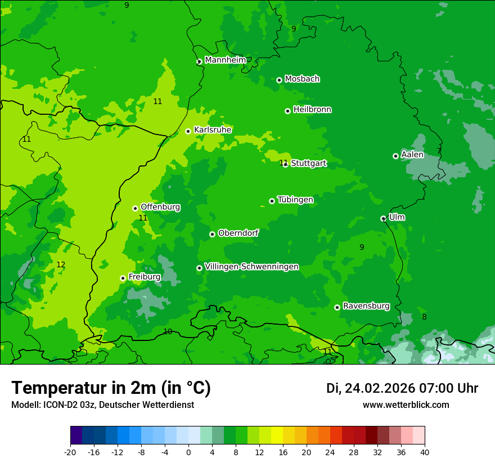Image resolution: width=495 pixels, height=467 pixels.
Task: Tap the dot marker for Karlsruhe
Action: click(x=188, y=132)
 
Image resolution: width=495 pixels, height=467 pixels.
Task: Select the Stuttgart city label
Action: click(x=308, y=164)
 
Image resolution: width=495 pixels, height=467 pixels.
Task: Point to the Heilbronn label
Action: click(x=312, y=110)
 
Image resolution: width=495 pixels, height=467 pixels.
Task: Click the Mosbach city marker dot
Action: click(x=279, y=80)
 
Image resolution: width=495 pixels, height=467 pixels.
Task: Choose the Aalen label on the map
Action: click(x=412, y=155)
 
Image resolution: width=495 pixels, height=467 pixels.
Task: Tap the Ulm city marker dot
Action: click(x=383, y=218)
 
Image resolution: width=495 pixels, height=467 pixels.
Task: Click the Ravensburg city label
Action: click(x=366, y=306)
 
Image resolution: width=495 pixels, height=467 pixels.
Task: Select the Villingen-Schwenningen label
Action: click(x=251, y=267)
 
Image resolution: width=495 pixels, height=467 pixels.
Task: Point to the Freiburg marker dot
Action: click(x=123, y=278)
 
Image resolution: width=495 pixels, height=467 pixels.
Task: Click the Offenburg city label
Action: click(x=160, y=207)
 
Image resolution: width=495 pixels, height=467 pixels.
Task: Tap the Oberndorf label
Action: click(x=238, y=233)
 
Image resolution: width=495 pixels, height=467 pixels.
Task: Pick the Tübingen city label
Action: click(x=295, y=200)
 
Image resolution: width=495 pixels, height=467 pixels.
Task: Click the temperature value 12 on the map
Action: click(x=61, y=264)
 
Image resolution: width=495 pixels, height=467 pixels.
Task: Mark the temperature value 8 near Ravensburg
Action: click(x=424, y=317)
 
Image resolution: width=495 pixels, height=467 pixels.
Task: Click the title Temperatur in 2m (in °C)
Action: click(x=111, y=388)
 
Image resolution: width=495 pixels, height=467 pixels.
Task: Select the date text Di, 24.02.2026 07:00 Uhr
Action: click(x=402, y=388)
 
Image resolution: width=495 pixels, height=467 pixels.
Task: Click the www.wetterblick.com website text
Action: click(x=406, y=405)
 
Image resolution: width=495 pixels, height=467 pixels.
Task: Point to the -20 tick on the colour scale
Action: click(x=70, y=452)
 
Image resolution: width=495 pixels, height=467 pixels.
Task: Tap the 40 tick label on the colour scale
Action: click(x=424, y=452)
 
